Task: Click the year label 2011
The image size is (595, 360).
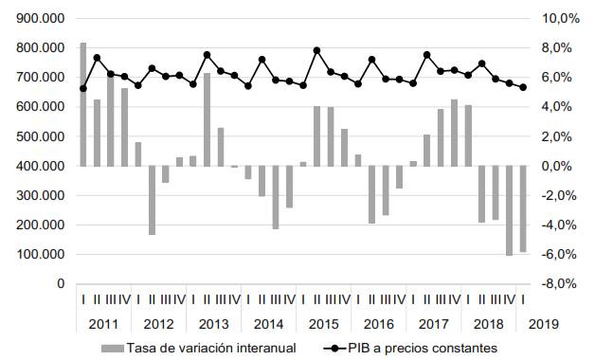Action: [103, 325]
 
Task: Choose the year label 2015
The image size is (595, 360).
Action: [324, 325]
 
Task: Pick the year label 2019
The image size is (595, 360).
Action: [543, 325]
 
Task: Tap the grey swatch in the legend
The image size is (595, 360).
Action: [117, 348]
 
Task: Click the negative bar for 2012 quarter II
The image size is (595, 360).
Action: [152, 200]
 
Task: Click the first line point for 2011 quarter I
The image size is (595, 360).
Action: [83, 89]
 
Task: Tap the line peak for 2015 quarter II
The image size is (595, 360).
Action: [316, 50]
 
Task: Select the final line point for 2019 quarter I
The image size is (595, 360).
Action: [522, 87]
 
